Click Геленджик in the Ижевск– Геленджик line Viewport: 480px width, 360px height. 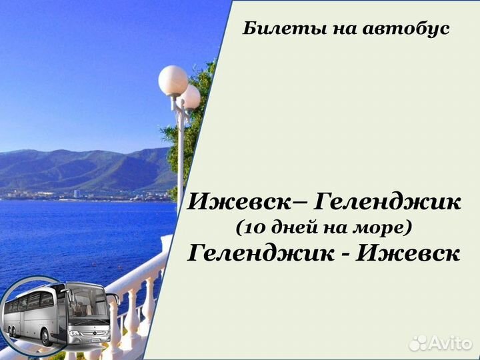[387, 201]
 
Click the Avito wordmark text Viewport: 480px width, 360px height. [451, 343]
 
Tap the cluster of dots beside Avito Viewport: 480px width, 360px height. [419, 343]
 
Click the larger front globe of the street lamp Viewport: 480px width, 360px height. [173, 81]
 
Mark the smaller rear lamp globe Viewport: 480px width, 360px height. [190, 97]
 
